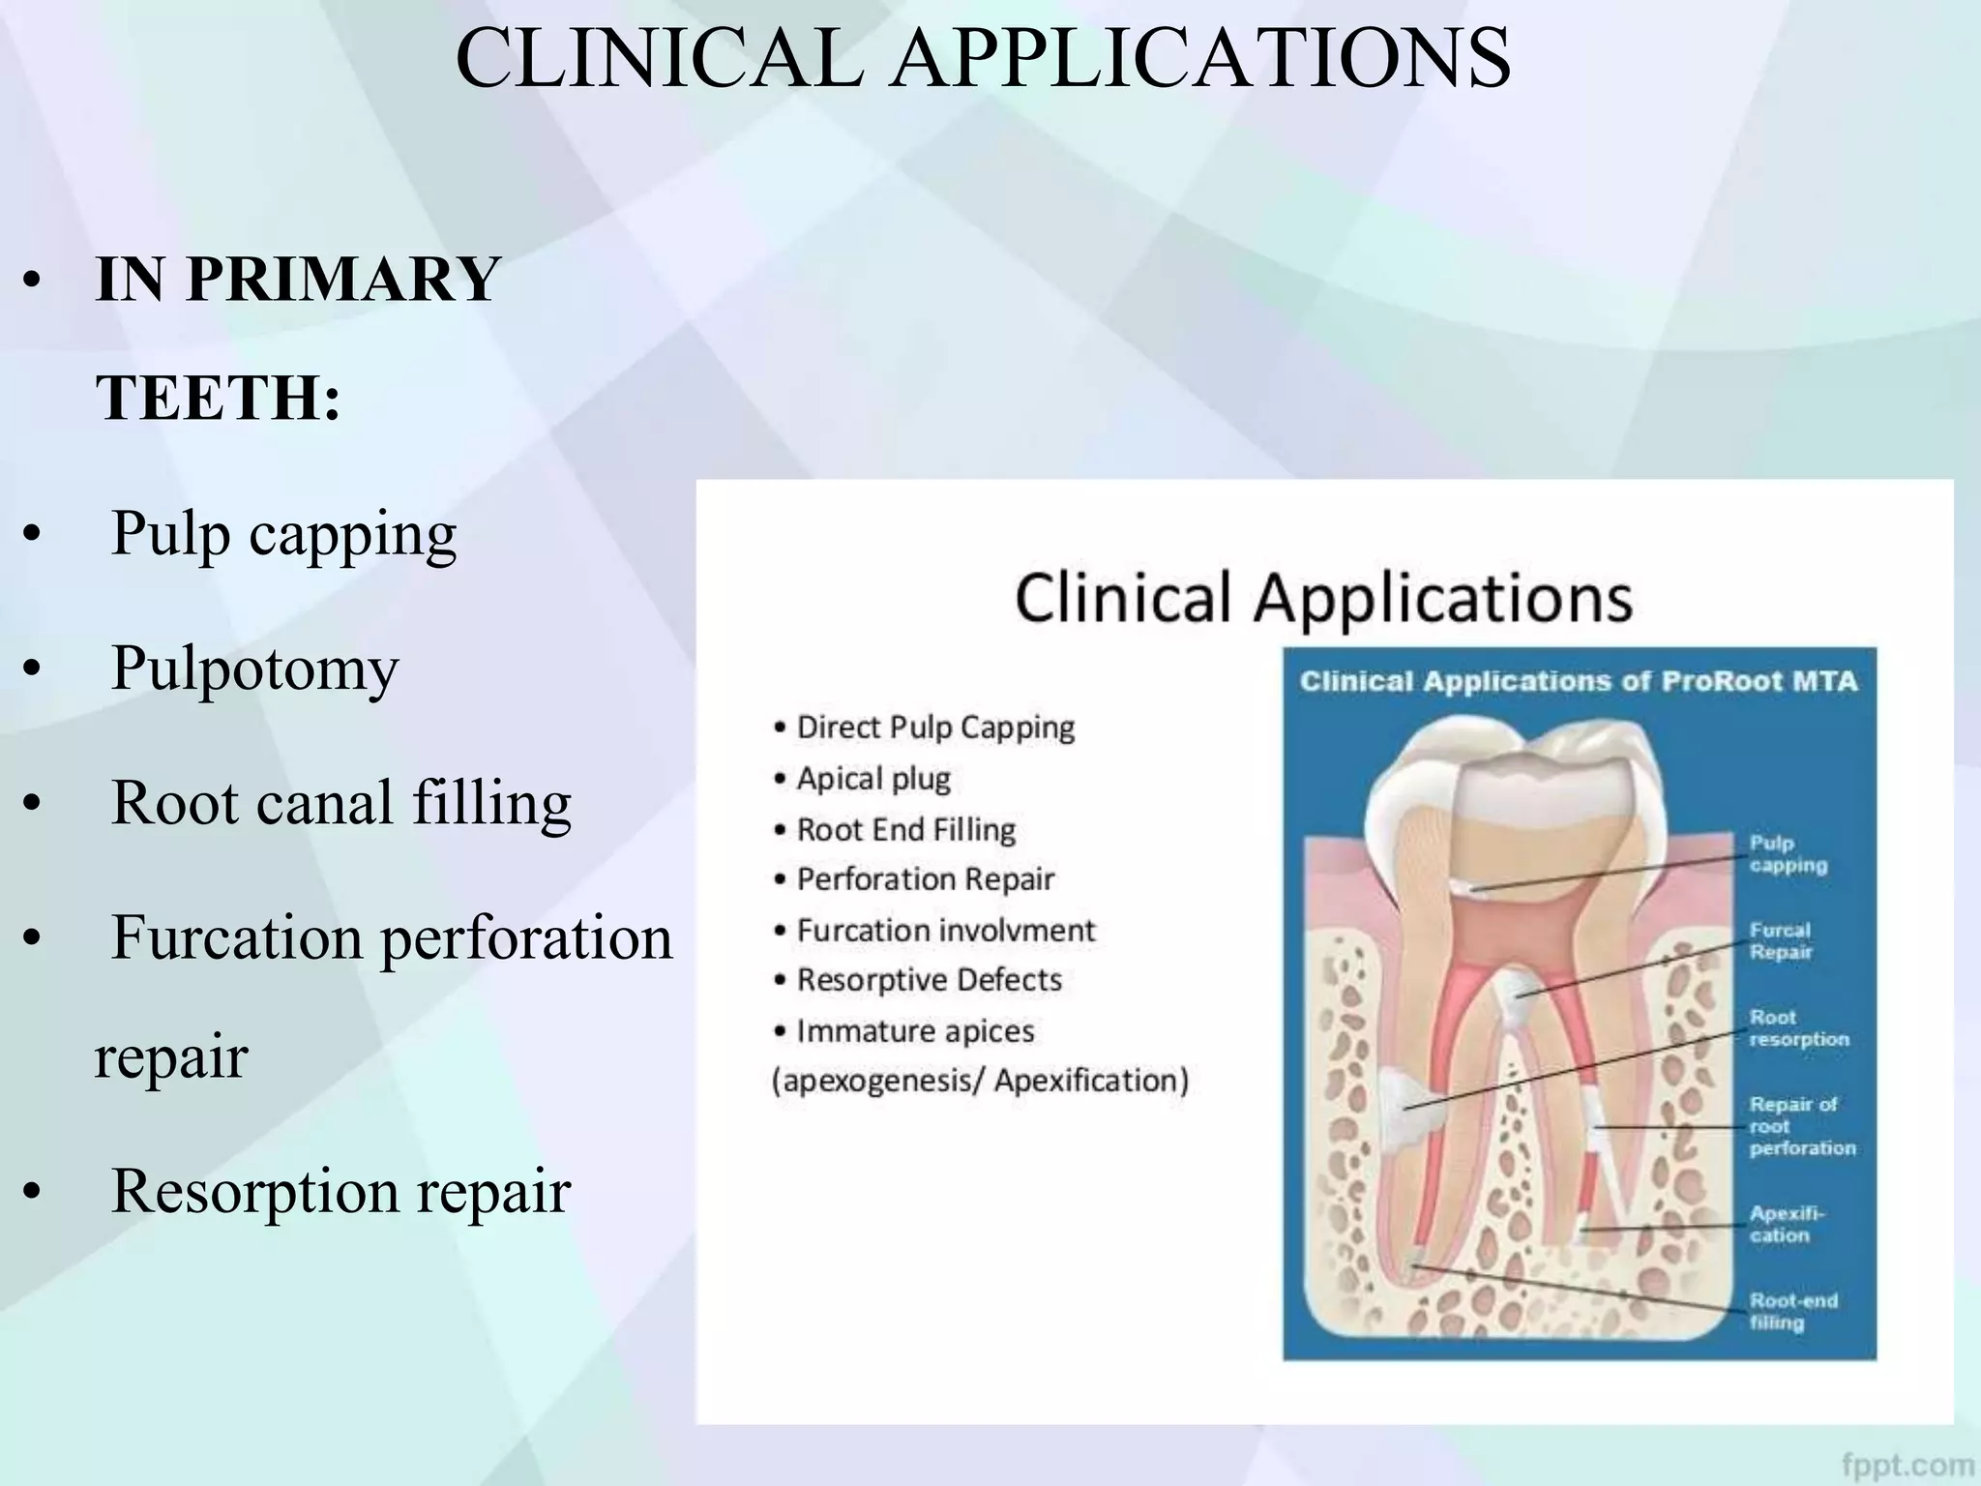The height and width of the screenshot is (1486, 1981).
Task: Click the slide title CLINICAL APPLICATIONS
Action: point(983,60)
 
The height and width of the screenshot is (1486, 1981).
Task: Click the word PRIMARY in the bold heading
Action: point(341,280)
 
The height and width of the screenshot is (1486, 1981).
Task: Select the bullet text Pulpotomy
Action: point(255,669)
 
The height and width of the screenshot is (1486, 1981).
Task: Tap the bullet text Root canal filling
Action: point(341,803)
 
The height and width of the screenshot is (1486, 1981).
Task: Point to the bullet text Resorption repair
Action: point(340,1191)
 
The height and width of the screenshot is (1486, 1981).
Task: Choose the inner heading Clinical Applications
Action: point(1323,597)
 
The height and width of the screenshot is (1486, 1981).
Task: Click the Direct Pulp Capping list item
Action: point(934,728)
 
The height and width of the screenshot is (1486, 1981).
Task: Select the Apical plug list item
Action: point(872,779)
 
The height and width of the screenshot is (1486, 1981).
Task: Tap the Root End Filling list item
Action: point(905,830)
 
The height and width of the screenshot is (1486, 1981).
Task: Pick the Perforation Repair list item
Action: point(925,879)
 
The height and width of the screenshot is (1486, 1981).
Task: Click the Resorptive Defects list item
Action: point(929,980)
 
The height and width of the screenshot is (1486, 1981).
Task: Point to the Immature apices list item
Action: point(914,1031)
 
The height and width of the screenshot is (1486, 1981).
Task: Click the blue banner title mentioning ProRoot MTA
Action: point(1579,681)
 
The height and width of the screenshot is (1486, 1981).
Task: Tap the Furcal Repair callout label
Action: point(1780,940)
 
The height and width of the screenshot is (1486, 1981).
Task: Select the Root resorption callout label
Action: point(1798,1028)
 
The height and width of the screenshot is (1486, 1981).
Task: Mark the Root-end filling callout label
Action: point(1792,1311)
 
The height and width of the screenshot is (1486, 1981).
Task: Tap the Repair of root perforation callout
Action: point(1801,1126)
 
